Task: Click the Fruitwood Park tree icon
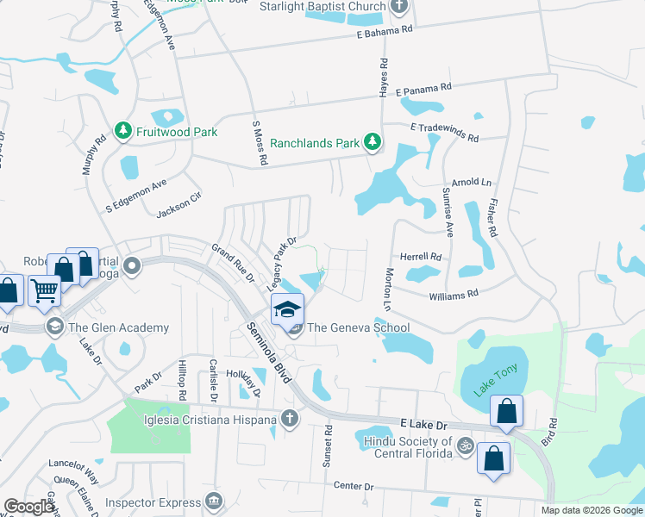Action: pyautogui.click(x=123, y=132)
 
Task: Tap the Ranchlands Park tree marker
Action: pyautogui.click(x=372, y=142)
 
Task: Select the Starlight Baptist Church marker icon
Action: pyautogui.click(x=398, y=7)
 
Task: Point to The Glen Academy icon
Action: pyautogui.click(x=56, y=327)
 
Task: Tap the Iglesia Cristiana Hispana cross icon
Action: pyautogui.click(x=290, y=420)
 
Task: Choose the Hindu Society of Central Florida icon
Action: pyautogui.click(x=466, y=445)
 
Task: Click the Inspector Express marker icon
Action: pyautogui.click(x=213, y=501)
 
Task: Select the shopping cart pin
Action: pyautogui.click(x=44, y=291)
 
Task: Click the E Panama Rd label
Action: pyautogui.click(x=423, y=89)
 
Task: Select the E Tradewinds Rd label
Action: pyautogui.click(x=445, y=128)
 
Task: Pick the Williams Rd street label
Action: pyautogui.click(x=454, y=295)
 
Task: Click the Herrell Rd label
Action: pyautogui.click(x=421, y=257)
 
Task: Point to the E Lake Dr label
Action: pyautogui.click(x=424, y=426)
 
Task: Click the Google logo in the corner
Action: pyautogui.click(x=29, y=507)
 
